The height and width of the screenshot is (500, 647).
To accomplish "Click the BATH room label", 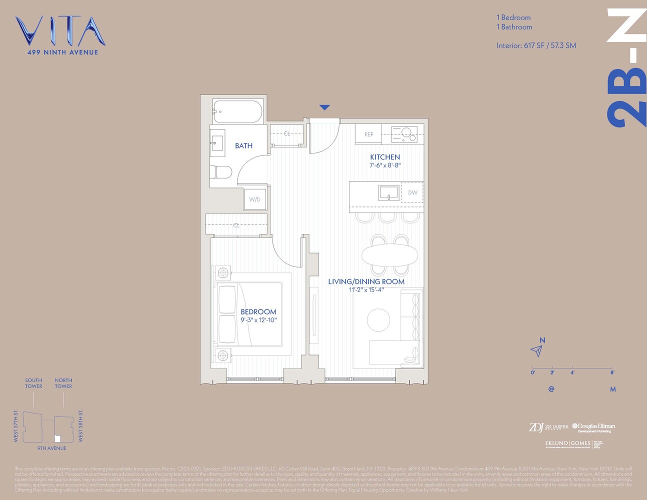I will [x=243, y=146].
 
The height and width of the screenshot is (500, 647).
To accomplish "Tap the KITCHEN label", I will [x=385, y=157].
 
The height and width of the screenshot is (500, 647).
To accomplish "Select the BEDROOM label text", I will [x=258, y=311].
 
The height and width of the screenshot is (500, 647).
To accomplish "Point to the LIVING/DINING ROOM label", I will [x=366, y=281].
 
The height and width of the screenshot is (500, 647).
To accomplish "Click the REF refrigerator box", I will [x=368, y=134].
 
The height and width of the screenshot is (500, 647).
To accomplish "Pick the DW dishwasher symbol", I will [x=412, y=192].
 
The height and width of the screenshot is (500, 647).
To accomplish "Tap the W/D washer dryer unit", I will [x=255, y=199].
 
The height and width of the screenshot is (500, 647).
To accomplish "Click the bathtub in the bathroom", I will [x=237, y=111].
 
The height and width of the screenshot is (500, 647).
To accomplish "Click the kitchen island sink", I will [x=388, y=192].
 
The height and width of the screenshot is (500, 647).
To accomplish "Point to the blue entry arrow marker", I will [x=324, y=107].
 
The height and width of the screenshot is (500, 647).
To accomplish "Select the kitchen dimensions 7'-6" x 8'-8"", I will [x=385, y=165].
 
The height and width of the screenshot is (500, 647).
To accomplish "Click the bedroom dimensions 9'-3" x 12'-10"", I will [x=258, y=320].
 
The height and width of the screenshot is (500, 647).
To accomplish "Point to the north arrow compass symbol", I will [x=537, y=350].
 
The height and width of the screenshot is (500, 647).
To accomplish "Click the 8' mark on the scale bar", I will [x=612, y=372].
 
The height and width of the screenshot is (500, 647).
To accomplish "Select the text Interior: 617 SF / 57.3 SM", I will [x=536, y=45].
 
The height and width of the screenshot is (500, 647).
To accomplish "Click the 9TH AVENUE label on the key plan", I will [x=51, y=448].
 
